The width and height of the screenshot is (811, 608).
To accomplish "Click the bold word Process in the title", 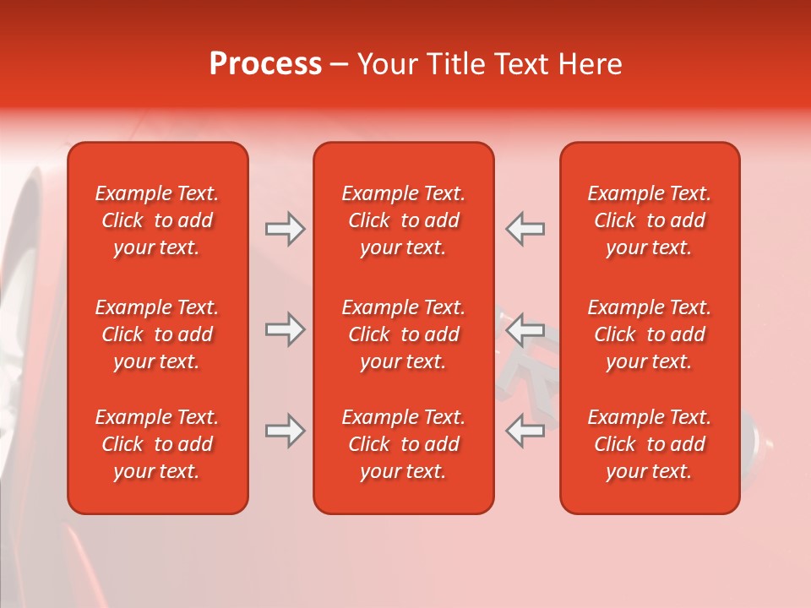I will pyautogui.click(x=265, y=64).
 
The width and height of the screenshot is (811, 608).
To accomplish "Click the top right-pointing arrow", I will pyautogui.click(x=285, y=229).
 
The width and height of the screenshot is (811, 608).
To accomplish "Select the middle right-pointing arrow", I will pyautogui.click(x=285, y=329).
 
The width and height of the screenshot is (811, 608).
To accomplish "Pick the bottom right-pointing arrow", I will pyautogui.click(x=285, y=431).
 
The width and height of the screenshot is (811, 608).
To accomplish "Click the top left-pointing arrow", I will pyautogui.click(x=525, y=229).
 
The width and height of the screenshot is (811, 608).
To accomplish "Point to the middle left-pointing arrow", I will pyautogui.click(x=525, y=328).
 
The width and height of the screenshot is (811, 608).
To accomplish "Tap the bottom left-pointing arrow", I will pyautogui.click(x=525, y=430).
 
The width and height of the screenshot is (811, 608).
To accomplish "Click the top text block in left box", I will pyautogui.click(x=157, y=220).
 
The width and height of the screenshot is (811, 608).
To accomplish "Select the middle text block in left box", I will pyautogui.click(x=157, y=334).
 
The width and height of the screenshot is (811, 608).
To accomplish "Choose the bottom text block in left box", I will pyautogui.click(x=157, y=444).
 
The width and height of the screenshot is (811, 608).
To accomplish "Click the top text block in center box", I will pyautogui.click(x=403, y=220).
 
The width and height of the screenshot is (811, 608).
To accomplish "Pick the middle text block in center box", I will pyautogui.click(x=403, y=334).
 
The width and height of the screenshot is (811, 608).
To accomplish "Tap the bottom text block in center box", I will pyautogui.click(x=403, y=444).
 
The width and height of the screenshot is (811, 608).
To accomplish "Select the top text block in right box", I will pyautogui.click(x=649, y=220).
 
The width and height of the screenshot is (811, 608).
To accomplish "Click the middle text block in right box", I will pyautogui.click(x=649, y=334).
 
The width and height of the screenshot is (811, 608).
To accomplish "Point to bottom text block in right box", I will pyautogui.click(x=649, y=444).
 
